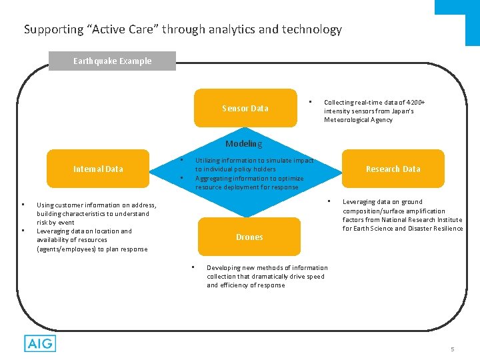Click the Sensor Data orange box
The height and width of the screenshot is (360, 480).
click(x=245, y=108)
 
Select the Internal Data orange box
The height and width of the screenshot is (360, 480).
click(x=98, y=169)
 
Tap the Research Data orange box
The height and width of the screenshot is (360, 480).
click(x=393, y=169)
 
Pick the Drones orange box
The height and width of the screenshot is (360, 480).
click(x=249, y=237)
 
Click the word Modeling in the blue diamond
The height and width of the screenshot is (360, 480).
click(x=243, y=144)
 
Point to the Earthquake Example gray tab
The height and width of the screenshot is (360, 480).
click(x=112, y=61)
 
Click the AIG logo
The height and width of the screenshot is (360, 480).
click(x=39, y=344)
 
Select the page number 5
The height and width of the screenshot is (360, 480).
click(x=452, y=349)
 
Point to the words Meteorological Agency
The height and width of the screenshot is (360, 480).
click(x=358, y=120)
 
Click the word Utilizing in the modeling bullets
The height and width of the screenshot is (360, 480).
click(x=209, y=161)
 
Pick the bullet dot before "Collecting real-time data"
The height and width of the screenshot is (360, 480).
click(x=310, y=101)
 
